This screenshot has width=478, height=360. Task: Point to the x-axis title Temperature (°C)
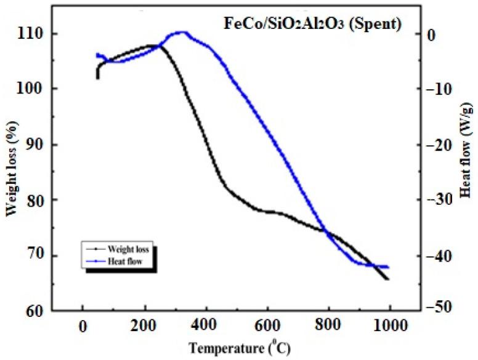point(237,347)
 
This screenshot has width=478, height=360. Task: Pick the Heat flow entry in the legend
point(124,261)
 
